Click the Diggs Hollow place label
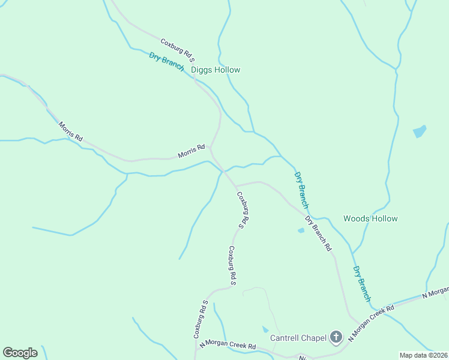215,70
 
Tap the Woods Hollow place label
370,218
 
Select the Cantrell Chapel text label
298,338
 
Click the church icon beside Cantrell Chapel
336,338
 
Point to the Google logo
20,353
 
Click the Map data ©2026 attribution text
423,355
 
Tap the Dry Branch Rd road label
318,233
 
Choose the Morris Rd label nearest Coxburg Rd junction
191,151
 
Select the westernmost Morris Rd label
70,131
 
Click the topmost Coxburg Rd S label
178,50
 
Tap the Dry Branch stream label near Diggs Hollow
166,61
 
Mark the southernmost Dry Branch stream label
362,284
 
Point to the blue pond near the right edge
420,131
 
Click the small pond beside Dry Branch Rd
301,230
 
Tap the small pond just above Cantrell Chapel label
265,329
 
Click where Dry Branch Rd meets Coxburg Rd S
235,185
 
